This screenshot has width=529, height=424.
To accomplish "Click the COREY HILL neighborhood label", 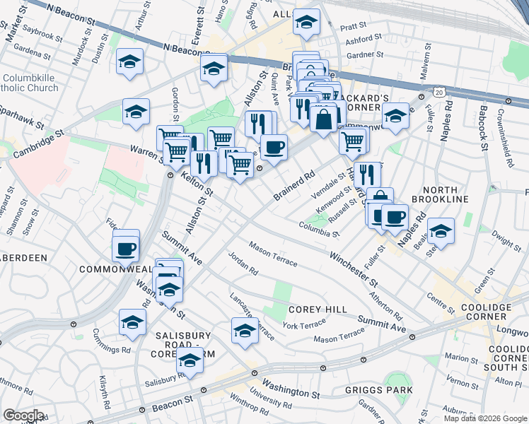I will pos(318,310).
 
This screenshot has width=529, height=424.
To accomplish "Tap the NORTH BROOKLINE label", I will pos(446,194).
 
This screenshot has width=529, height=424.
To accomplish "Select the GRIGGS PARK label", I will pos(388,388).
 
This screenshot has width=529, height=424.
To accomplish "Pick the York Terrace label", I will pos(303,324).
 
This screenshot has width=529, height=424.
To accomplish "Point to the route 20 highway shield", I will pos(440,92).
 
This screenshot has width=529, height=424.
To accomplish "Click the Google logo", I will pos(23,415).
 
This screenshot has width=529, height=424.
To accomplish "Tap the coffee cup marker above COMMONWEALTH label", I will pos(126,248).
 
